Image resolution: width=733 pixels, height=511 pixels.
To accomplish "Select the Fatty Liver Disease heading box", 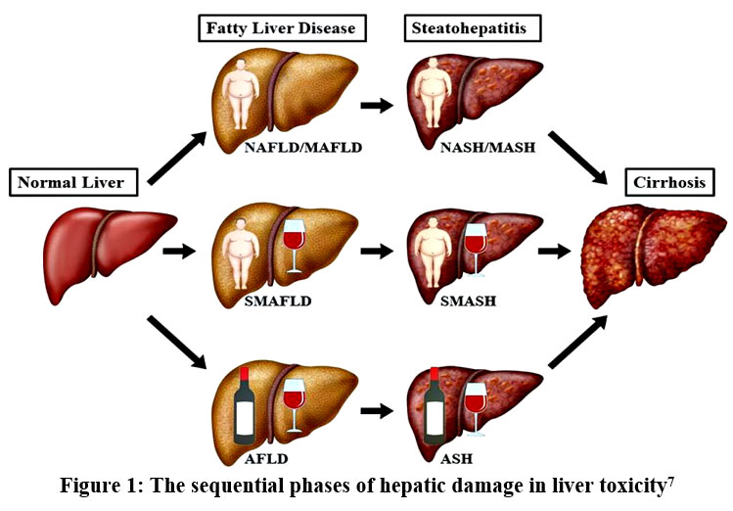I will coord(283,28).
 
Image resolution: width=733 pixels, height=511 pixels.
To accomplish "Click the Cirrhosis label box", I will coord(664,181).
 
